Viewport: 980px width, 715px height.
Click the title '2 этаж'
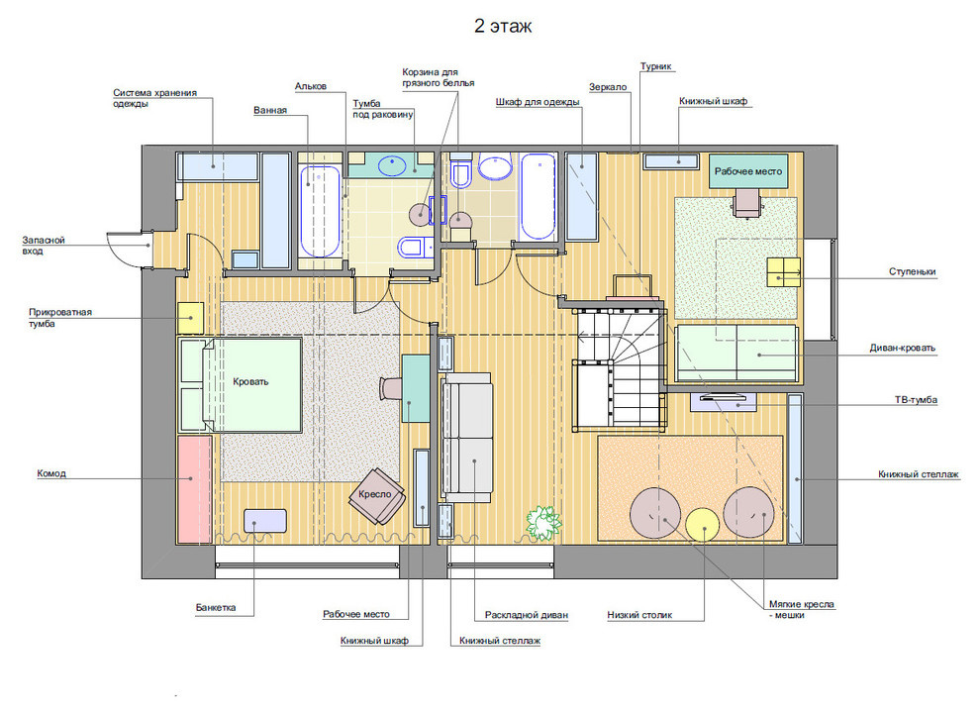coord(503,27)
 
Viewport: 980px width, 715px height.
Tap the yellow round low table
coord(704,525)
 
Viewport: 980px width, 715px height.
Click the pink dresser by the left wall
coord(195,489)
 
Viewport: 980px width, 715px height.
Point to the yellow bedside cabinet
coord(191,318)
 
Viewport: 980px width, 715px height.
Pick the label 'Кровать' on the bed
coord(250,382)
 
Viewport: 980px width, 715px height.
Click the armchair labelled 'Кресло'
coord(377,496)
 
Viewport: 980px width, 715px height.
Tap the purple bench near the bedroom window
coord(265,521)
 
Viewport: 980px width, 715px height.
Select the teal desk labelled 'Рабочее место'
coord(748,171)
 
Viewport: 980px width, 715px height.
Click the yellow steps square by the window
coord(784,272)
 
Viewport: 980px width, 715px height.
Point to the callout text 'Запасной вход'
coord(44,246)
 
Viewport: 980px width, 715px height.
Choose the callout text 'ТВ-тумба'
coord(916,400)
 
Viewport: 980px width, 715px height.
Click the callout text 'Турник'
coord(655,66)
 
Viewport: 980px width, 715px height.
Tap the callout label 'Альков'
coord(311,86)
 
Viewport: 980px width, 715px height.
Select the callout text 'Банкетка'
coord(216,607)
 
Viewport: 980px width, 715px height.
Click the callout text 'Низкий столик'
coord(639,615)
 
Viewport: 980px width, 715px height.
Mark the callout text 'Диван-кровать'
coord(903,349)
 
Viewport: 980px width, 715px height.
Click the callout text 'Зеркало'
coord(608,87)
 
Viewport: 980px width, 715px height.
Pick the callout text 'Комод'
coord(51,473)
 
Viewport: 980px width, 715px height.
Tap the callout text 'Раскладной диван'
coord(527,615)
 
